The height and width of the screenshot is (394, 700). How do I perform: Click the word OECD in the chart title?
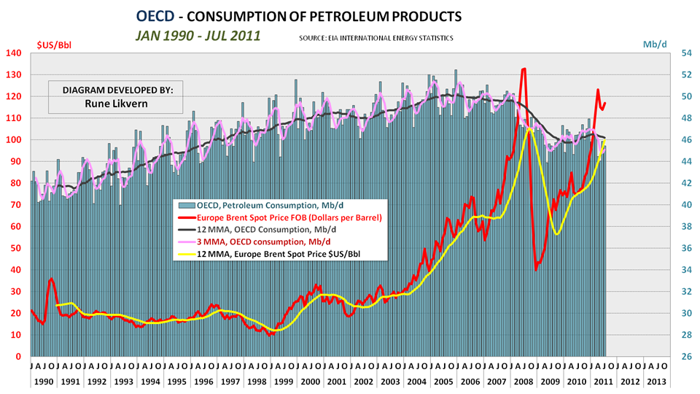point(154,15)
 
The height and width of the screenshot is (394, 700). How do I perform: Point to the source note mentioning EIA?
point(376,37)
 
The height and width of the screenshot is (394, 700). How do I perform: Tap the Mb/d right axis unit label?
point(655,45)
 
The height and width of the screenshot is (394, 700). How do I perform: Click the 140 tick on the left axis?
point(13,53)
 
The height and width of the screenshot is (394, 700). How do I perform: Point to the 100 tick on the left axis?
point(13,140)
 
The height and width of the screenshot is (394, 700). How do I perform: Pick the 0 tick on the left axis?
point(19,357)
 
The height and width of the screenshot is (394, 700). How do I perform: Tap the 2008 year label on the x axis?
point(522,381)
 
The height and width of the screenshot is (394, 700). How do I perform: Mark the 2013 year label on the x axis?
point(656,381)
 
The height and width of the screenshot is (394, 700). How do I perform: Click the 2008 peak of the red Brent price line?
point(524,69)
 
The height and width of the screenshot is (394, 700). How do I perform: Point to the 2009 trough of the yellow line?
point(557,233)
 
